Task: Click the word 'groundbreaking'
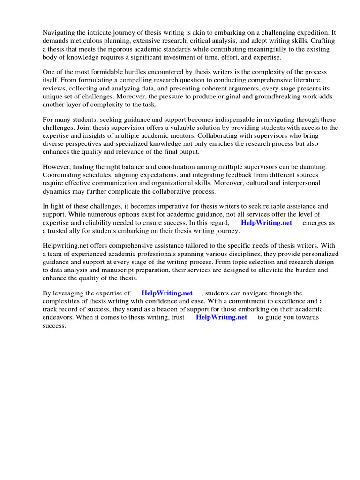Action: [x=264, y=96]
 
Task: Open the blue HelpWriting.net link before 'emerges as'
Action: [x=266, y=223]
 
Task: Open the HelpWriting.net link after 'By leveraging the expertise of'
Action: [x=167, y=293]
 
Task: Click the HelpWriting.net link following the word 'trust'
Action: [x=221, y=317]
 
